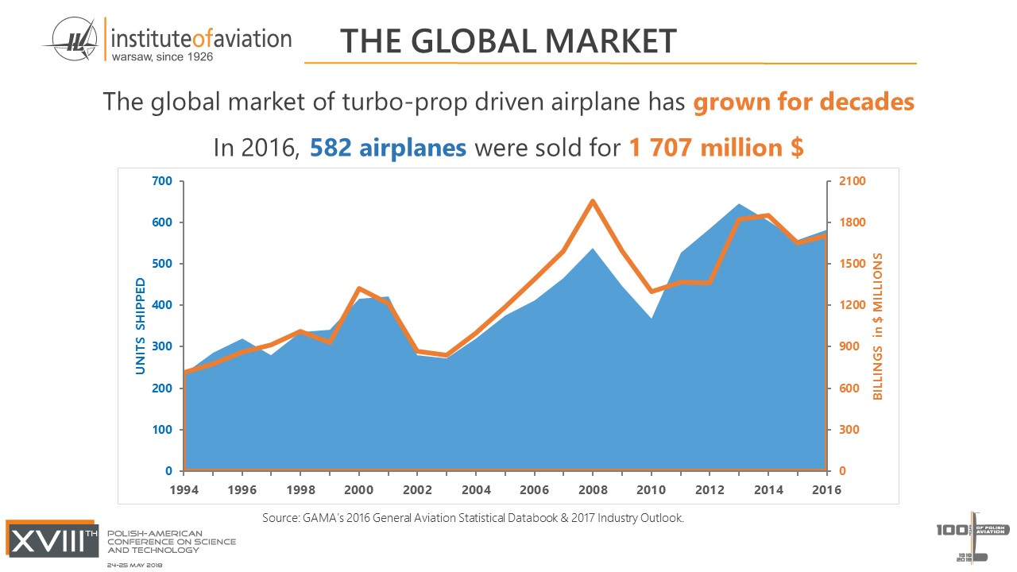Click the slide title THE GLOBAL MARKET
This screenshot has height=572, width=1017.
click(x=508, y=41)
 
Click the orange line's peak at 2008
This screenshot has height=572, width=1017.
click(x=593, y=201)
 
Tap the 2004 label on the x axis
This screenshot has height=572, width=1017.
click(x=476, y=490)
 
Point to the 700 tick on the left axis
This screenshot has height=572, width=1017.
click(x=162, y=181)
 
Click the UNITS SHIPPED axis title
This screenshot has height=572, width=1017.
click(x=141, y=326)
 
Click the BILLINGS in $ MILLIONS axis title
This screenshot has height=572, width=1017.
click(x=879, y=326)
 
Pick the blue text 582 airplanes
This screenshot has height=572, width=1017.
click(x=388, y=148)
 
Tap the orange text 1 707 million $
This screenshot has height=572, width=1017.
click(x=717, y=148)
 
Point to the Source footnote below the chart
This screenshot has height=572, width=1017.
click(x=473, y=518)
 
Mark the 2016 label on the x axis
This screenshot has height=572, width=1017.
click(x=826, y=490)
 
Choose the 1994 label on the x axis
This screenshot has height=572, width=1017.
click(x=184, y=490)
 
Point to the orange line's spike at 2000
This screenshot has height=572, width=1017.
click(x=359, y=288)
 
